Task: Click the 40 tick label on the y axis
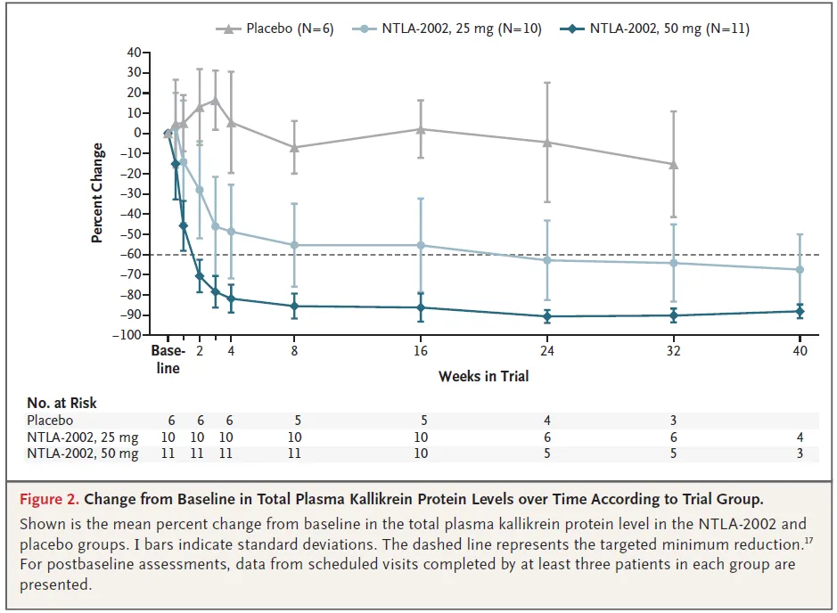coord(134,53)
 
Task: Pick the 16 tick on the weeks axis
coord(421,352)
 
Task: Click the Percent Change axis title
coord(97,193)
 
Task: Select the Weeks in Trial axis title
coord(483,376)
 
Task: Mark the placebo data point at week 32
coord(673,165)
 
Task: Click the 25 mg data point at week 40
coord(800,269)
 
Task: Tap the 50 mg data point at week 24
coord(547,316)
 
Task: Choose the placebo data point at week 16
coord(421,129)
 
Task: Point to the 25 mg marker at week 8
coord(294,245)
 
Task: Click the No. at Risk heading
coord(62,403)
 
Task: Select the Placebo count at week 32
coord(674,421)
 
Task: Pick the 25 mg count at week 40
coord(800,437)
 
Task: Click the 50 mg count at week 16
coord(421,454)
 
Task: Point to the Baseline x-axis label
coord(166,360)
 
